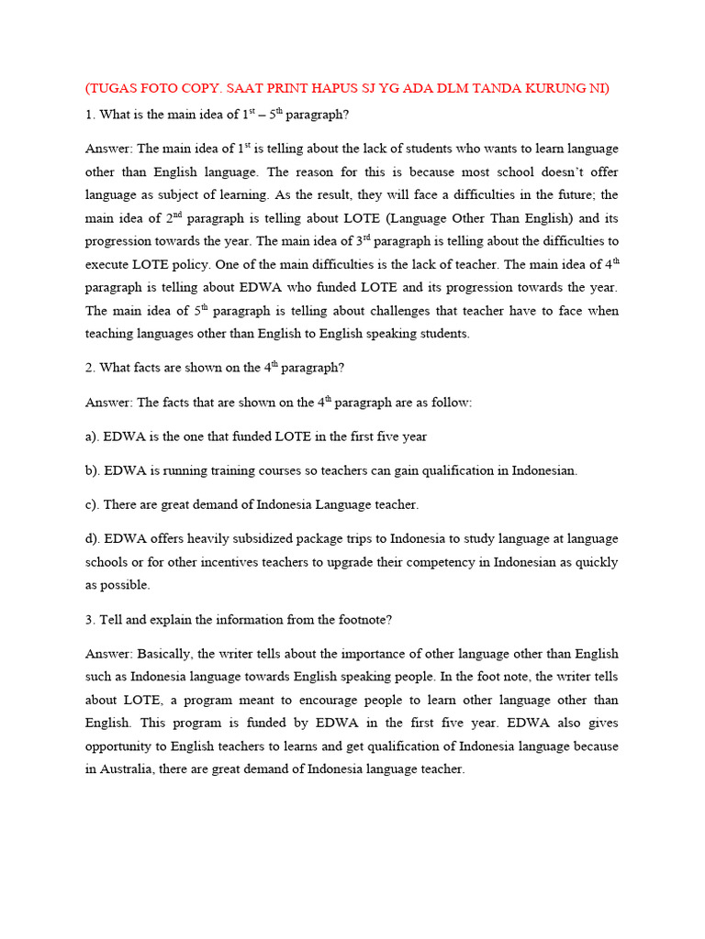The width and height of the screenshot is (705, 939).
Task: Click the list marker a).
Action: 93,436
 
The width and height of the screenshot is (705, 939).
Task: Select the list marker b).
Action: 93,470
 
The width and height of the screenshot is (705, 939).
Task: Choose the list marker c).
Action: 92,504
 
